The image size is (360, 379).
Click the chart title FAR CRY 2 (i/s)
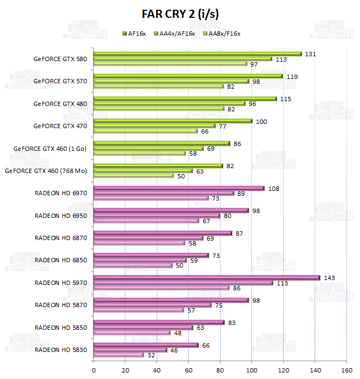[x=179, y=13]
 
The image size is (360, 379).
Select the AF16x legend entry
[x=135, y=34]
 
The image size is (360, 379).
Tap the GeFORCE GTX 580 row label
[x=59, y=58]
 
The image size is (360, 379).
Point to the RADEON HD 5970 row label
[x=60, y=283]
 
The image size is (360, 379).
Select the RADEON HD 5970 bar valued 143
[x=206, y=278]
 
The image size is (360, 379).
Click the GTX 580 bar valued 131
[x=197, y=54]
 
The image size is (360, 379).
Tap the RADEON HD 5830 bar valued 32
[x=119, y=355]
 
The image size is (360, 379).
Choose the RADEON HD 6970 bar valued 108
[x=179, y=188]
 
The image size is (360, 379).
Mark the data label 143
[x=329, y=277]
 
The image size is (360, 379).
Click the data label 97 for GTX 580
[x=254, y=64]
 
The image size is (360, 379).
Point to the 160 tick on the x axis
[x=346, y=370]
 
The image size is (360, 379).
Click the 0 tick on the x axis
[x=94, y=370]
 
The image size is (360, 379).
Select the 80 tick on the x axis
[x=220, y=370]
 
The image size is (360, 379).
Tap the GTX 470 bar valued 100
[x=173, y=121]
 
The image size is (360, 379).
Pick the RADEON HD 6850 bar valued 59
[x=141, y=260]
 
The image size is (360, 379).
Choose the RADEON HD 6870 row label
[x=60, y=238]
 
